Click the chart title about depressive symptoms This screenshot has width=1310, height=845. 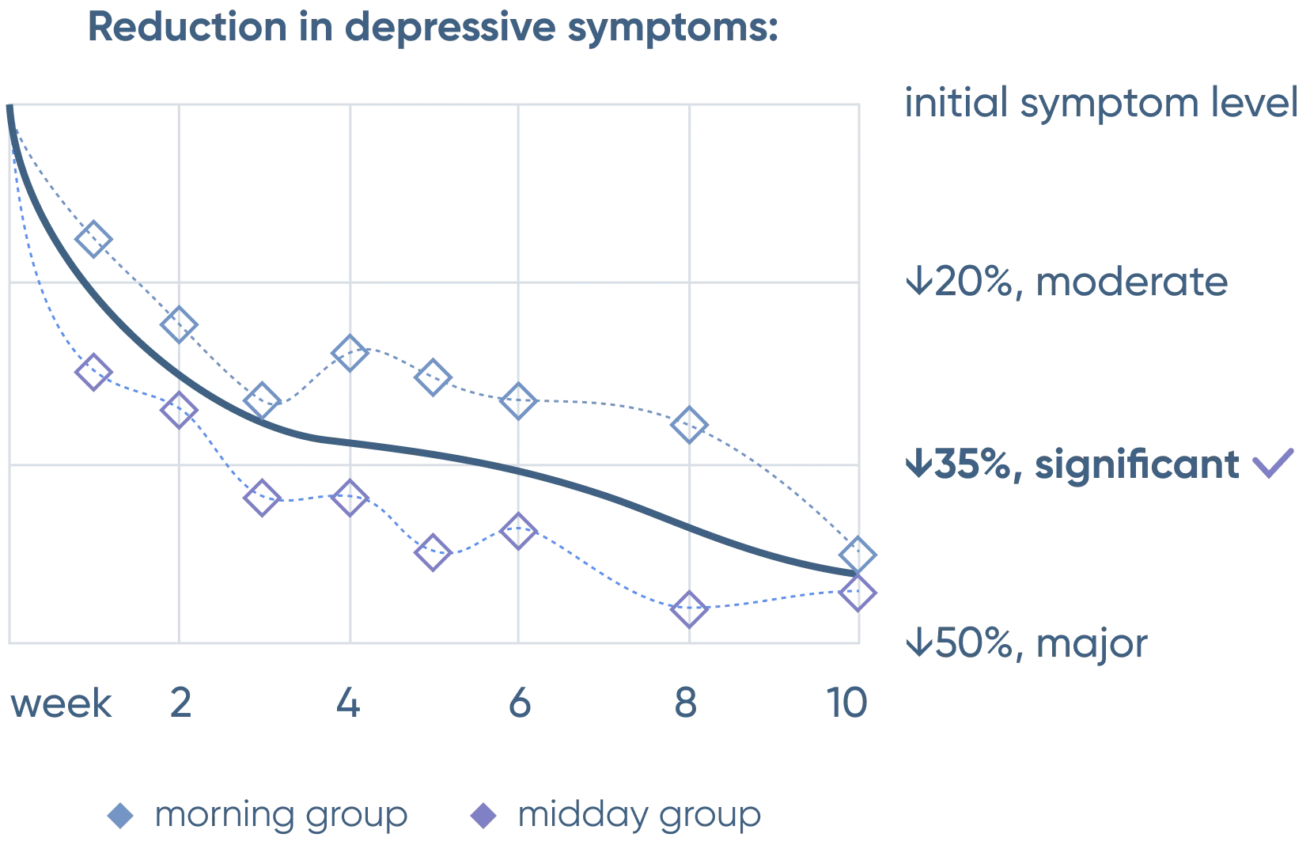pos(433,28)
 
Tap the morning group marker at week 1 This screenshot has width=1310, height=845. pos(94,237)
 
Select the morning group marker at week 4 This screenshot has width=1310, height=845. pos(350,351)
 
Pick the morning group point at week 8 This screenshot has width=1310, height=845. pos(689,426)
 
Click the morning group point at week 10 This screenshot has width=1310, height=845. pos(860,552)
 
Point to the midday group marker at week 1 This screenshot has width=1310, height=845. pos(93,371)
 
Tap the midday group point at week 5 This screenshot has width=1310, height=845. pos(432,552)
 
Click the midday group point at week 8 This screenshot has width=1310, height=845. pos(689,609)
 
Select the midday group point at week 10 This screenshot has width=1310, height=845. pos(859,592)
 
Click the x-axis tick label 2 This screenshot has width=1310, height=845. pos(182,703)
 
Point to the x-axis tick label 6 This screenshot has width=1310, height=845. pos(518,703)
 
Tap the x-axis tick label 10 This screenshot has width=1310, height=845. pos(846,703)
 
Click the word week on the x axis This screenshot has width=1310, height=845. pos(62,703)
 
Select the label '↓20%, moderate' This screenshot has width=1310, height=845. pos(1066,282)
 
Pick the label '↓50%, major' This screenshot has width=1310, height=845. pos(1026,645)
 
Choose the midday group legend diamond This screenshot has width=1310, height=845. pos(485,815)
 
